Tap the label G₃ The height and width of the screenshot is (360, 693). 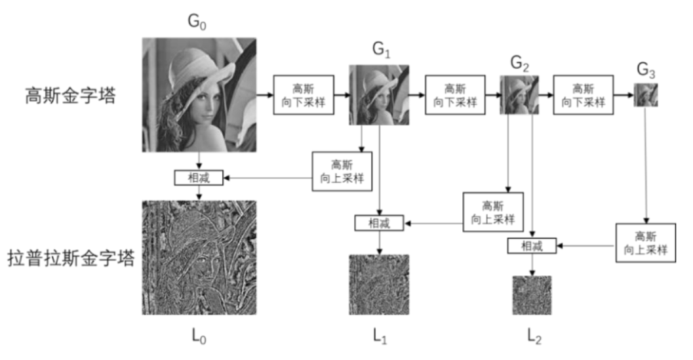(x=646, y=71)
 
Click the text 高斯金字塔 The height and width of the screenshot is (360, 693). (x=70, y=96)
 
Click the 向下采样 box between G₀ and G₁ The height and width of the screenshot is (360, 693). (x=304, y=94)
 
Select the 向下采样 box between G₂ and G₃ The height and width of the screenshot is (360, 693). (x=584, y=94)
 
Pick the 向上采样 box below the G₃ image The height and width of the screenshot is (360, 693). (x=645, y=243)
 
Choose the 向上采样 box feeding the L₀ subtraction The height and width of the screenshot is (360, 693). (x=342, y=171)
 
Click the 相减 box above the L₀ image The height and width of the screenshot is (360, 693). (x=199, y=177)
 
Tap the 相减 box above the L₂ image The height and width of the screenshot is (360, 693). (x=532, y=246)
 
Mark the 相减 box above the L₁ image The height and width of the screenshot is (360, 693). (x=379, y=223)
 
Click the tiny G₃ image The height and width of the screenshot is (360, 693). (x=645, y=95)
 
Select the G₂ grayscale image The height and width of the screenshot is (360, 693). (x=519, y=95)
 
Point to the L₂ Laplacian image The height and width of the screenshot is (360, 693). (x=532, y=295)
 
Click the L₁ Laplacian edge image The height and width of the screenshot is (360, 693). (x=379, y=285)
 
